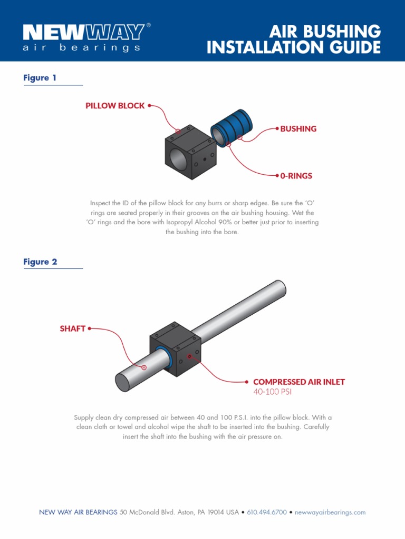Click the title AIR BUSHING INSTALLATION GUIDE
tap(294, 39)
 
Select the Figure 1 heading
tap(40, 78)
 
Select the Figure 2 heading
tap(40, 262)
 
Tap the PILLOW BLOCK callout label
tap(115, 106)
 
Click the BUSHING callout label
tap(298, 128)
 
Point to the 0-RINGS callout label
tap(296, 176)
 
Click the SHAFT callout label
tap(73, 328)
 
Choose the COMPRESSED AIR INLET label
tap(299, 382)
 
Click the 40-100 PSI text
tap(272, 392)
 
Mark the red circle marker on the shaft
tap(144, 367)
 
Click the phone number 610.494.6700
tap(267, 512)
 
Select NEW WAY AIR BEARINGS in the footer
tap(78, 512)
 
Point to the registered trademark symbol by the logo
tap(149, 25)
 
